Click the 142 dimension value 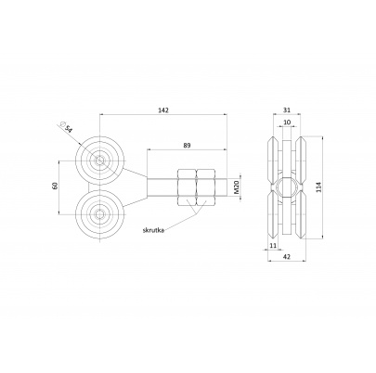click(163, 110)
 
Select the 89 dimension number click(187, 145)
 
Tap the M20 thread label click(237, 187)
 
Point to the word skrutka click(153, 230)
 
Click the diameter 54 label click(66, 127)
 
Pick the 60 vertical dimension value click(56, 186)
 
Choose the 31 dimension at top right click(287, 110)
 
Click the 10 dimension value click(287, 122)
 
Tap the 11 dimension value click(273, 246)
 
